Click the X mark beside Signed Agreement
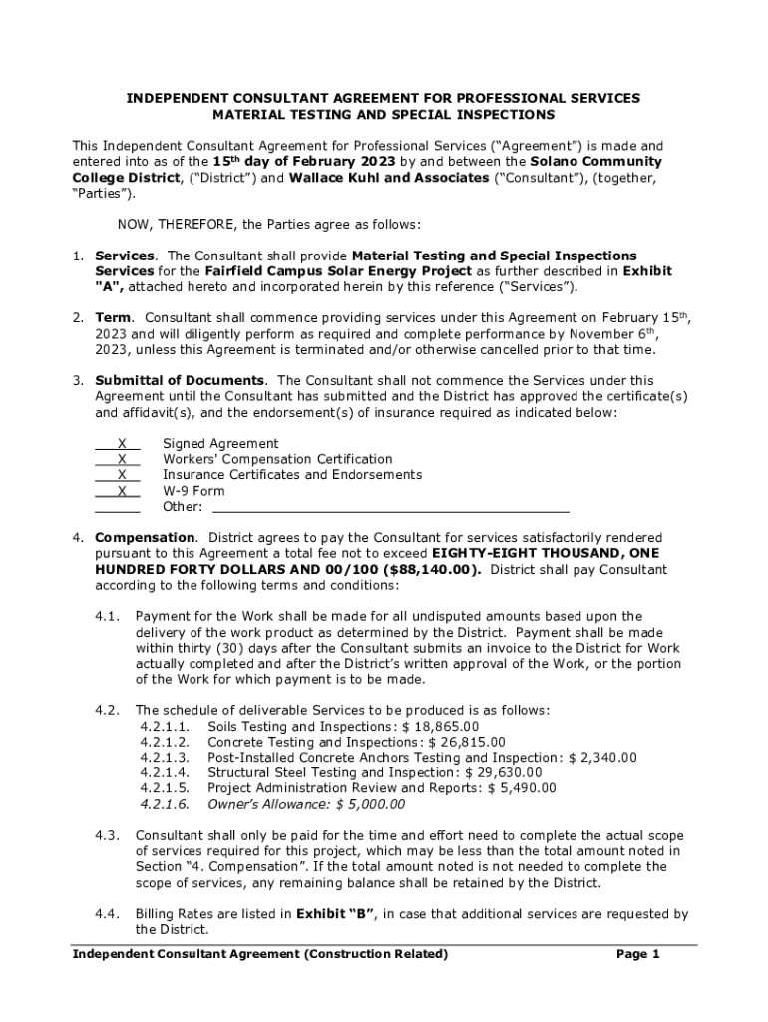point(121,443)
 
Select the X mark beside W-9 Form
point(121,491)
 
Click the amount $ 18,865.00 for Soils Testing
point(440,727)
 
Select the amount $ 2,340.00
point(602,759)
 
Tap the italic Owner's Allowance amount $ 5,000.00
point(370,804)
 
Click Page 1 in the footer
point(638,955)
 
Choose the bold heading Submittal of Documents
point(180,380)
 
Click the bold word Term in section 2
point(111,317)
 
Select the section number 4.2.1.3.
point(165,759)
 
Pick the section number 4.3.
point(108,835)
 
